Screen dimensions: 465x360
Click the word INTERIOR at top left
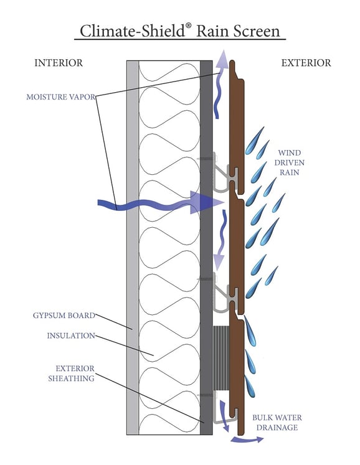[59, 63]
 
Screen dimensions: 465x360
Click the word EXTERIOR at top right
[306, 63]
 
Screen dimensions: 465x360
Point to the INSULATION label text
[71, 336]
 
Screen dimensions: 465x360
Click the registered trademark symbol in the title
[188, 25]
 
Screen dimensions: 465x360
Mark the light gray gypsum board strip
[132, 249]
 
